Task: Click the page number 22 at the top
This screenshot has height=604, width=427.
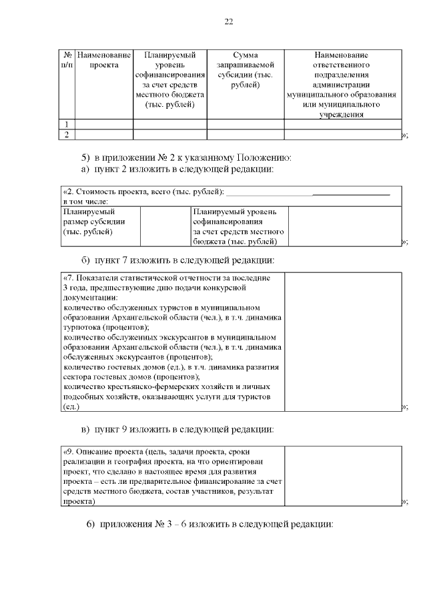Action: pyautogui.click(x=228, y=23)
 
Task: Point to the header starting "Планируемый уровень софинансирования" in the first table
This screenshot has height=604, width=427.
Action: pyautogui.click(x=169, y=79)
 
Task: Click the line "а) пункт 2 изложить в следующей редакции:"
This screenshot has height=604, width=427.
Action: pyautogui.click(x=178, y=170)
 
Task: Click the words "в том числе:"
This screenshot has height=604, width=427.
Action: pyautogui.click(x=85, y=201)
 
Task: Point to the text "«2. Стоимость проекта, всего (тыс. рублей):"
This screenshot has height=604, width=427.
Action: pyautogui.click(x=142, y=192)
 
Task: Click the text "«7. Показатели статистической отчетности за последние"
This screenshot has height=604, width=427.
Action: pyautogui.click(x=166, y=278)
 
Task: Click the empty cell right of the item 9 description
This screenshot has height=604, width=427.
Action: pyautogui.click(x=342, y=476)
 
